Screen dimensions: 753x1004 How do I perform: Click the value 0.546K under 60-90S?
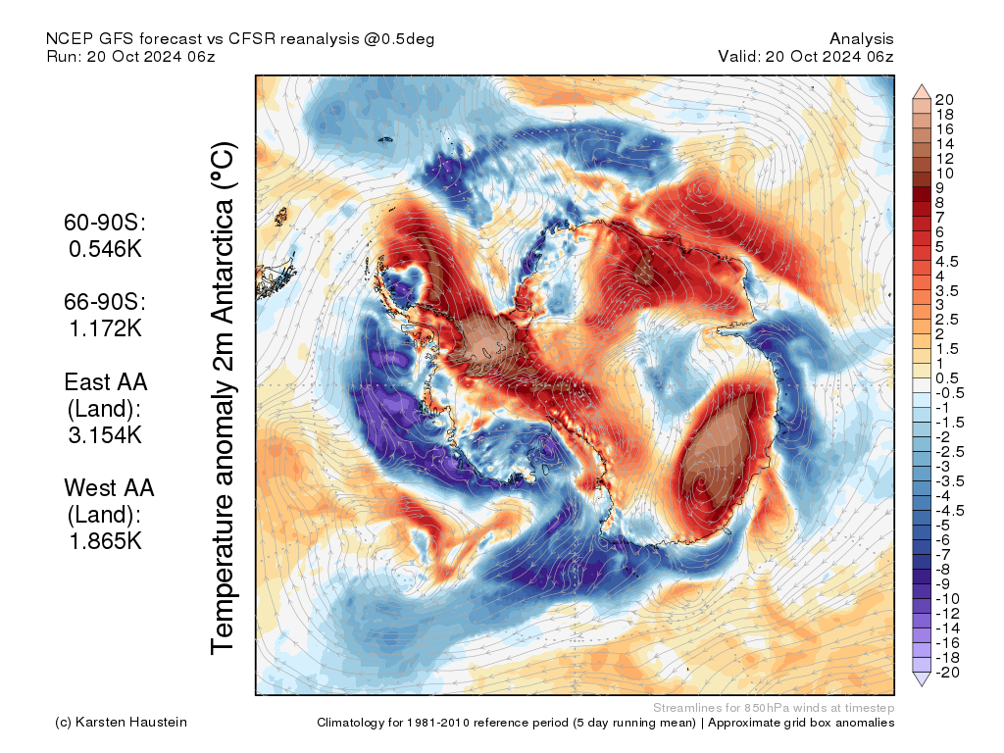pos(105,249)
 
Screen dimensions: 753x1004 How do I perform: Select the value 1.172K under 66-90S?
pos(105,328)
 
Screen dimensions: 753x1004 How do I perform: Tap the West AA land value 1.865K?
pos(105,540)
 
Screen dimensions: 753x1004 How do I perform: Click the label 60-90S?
pos(105,224)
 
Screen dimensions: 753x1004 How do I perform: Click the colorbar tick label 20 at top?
pos(945,99)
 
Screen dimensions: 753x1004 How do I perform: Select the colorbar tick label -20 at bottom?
pos(947,672)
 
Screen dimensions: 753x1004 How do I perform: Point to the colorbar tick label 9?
pos(940,187)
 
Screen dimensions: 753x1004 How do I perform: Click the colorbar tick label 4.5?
pos(946,261)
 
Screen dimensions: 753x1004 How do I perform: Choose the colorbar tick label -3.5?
pos(949,480)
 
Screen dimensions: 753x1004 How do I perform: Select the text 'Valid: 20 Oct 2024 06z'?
pos(805,57)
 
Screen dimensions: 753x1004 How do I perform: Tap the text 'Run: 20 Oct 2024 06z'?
pos(130,57)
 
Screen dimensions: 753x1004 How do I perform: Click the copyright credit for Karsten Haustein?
pos(121,723)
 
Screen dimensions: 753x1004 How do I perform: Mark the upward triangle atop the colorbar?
pos(922,92)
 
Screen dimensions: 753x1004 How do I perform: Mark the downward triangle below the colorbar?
pos(922,678)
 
